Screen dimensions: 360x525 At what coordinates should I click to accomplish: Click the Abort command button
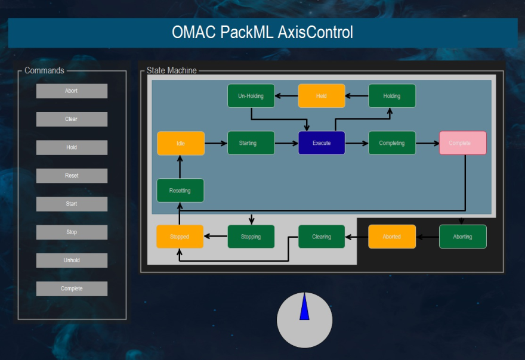72,91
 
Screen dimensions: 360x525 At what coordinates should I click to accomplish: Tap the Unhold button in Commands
72,260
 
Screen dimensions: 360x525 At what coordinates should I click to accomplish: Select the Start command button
72,204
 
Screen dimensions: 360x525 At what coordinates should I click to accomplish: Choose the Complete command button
72,288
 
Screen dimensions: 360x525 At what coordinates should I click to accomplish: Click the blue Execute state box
322,143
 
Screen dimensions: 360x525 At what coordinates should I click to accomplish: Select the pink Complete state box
462,143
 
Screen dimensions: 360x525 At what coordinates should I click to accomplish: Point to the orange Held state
322,96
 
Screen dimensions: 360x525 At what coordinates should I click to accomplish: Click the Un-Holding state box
251,96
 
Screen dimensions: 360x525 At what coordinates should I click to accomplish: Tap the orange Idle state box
180,143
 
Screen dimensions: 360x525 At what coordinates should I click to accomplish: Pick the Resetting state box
180,191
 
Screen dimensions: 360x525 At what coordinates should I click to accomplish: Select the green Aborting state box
462,237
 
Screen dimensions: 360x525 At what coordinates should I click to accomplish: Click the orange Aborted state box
392,237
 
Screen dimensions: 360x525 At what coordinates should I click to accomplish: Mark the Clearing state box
322,237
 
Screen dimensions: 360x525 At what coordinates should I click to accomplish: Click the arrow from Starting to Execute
286,143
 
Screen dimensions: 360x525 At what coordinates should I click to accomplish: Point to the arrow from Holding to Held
357,96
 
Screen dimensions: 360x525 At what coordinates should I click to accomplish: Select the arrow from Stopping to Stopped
216,237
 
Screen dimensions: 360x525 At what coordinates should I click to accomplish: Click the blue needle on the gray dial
304,309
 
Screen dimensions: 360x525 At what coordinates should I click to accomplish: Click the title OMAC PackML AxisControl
262,32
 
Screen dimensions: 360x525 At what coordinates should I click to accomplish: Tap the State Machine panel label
171,70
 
